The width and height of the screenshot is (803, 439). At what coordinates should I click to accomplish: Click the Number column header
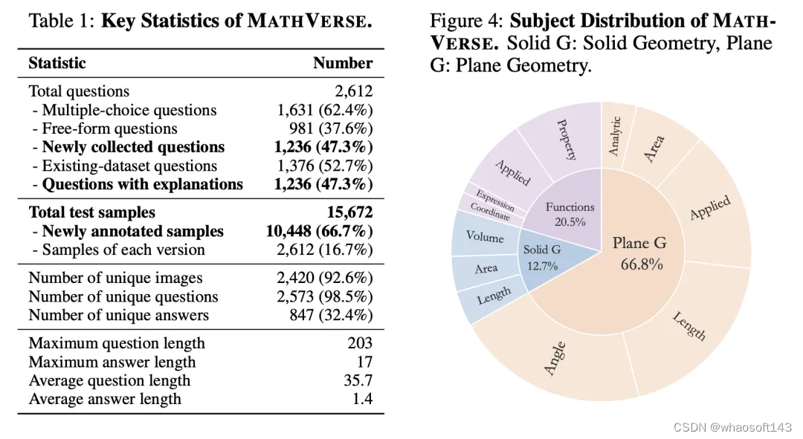(343, 63)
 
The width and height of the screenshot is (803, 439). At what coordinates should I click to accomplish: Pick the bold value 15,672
(349, 212)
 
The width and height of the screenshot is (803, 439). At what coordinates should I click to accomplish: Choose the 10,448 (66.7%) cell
(319, 231)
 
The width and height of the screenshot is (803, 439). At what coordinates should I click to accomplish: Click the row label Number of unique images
(115, 278)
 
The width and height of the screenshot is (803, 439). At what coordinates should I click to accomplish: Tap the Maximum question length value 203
(360, 343)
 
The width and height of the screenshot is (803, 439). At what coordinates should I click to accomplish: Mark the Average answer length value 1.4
(363, 399)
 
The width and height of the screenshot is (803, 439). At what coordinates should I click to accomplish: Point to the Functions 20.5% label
(570, 214)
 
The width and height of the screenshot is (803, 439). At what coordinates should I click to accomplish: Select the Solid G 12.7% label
(541, 257)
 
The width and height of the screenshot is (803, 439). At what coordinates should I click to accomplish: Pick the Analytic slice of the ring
(613, 134)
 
